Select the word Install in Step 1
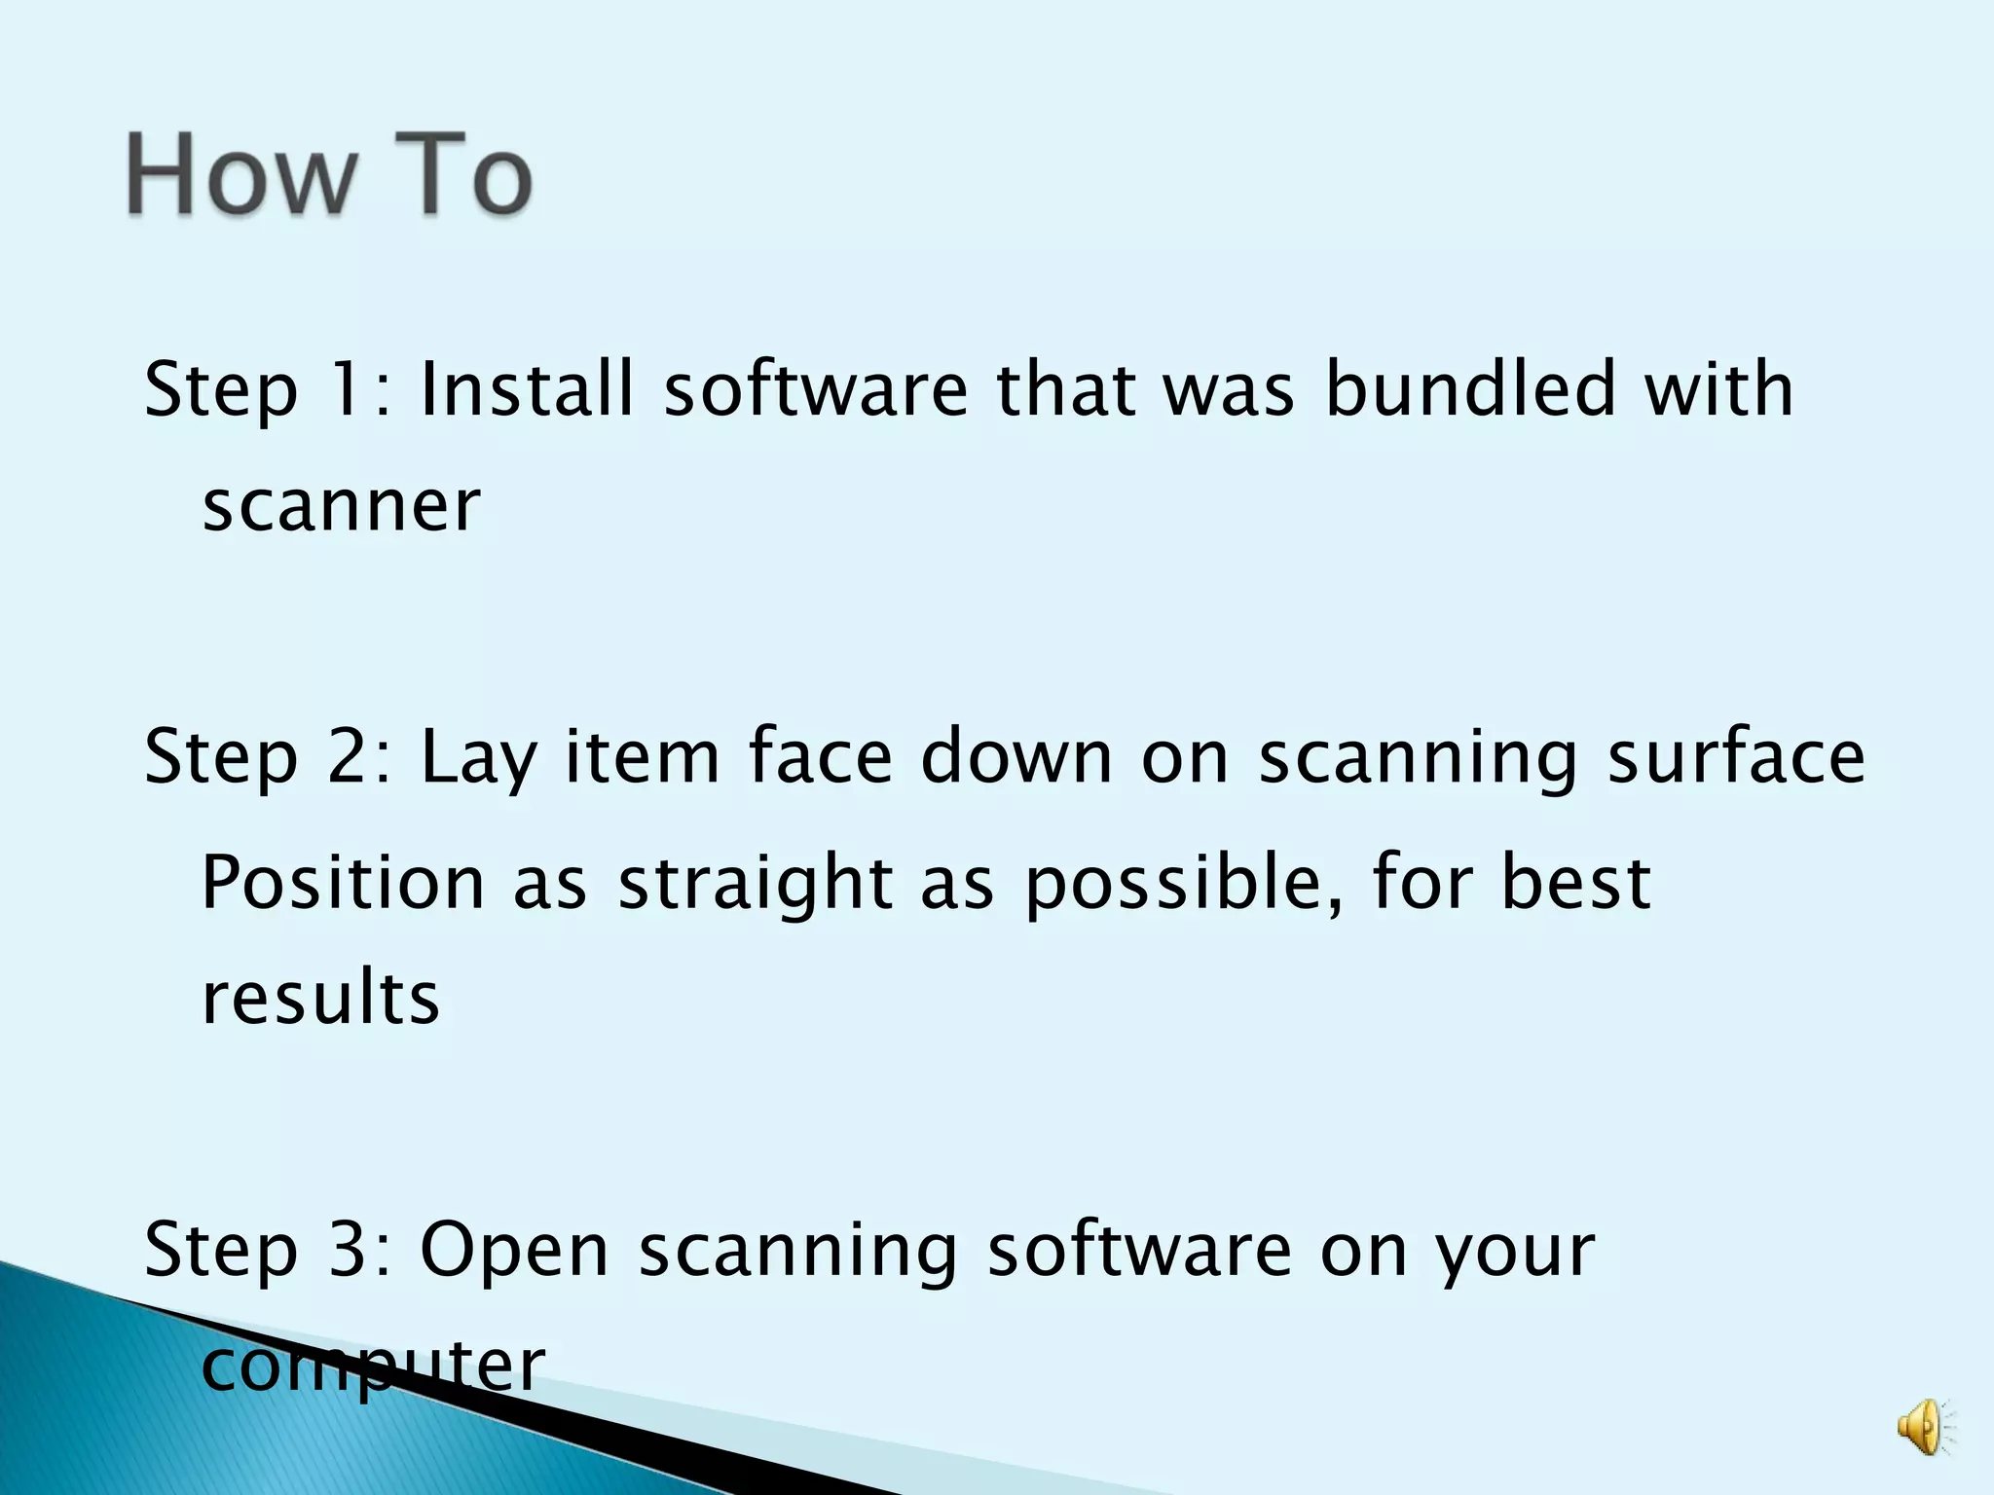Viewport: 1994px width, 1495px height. coord(527,389)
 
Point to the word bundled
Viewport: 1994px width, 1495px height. coord(1471,389)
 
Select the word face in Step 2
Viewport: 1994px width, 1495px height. coord(820,757)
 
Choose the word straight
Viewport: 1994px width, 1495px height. coord(756,884)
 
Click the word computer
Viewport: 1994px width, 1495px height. coord(372,1367)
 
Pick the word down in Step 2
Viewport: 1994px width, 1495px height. coord(1016,757)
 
